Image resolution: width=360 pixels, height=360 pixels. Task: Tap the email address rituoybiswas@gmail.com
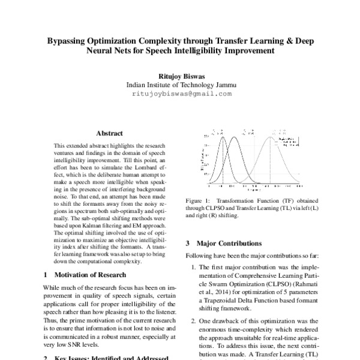click(181, 94)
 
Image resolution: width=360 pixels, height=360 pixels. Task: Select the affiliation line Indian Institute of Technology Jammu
click(181, 85)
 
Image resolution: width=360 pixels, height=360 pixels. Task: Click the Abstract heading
click(109, 133)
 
